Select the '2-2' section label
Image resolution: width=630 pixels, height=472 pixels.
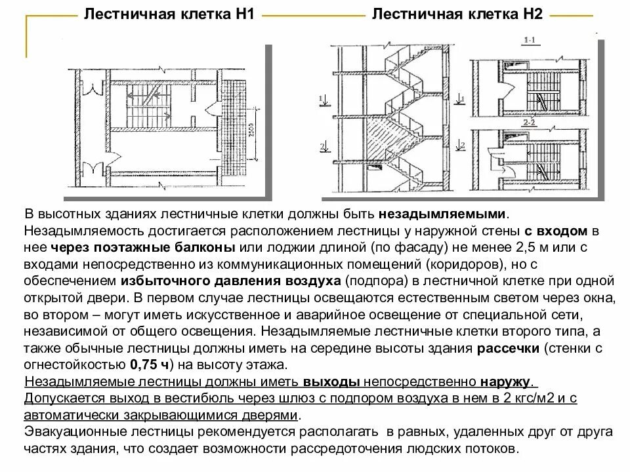530,122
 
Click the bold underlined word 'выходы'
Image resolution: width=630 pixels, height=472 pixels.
331,382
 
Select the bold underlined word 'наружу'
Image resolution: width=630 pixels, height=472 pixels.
506,382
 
